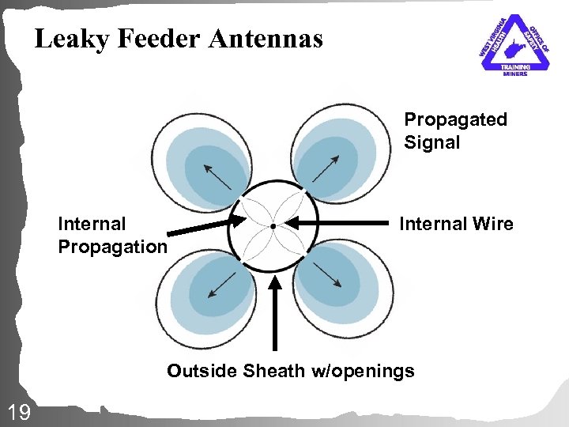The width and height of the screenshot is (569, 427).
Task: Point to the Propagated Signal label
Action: click(x=455, y=130)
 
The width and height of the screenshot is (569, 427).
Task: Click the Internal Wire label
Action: click(x=456, y=225)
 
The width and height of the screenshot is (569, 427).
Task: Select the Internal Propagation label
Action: click(x=112, y=236)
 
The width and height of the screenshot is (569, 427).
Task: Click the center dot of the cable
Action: click(x=273, y=226)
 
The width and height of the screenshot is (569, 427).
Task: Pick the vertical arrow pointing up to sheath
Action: click(x=274, y=312)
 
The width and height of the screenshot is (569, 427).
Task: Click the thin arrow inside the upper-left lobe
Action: click(x=217, y=176)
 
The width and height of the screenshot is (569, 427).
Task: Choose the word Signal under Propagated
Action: click(x=431, y=142)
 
